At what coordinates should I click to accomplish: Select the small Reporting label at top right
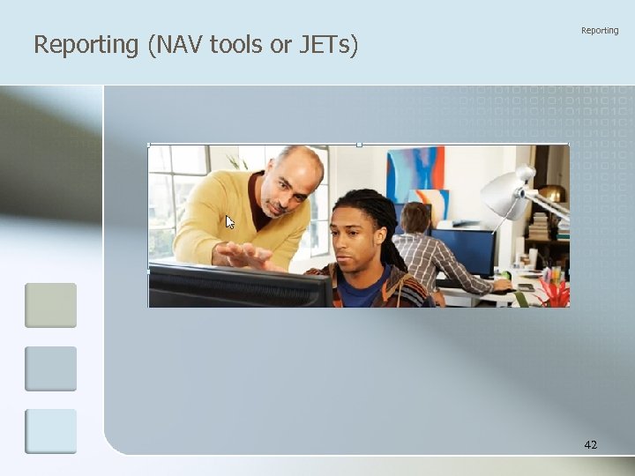[600, 31]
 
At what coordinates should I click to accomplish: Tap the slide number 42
[590, 445]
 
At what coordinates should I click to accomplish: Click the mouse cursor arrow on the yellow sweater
[230, 222]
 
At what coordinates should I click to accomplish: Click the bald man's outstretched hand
[247, 255]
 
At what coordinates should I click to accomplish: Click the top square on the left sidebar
[50, 305]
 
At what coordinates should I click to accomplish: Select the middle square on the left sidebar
[50, 368]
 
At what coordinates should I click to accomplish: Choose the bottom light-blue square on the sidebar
[50, 431]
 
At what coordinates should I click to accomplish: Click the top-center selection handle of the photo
[359, 144]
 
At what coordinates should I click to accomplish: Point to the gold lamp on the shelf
[552, 193]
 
